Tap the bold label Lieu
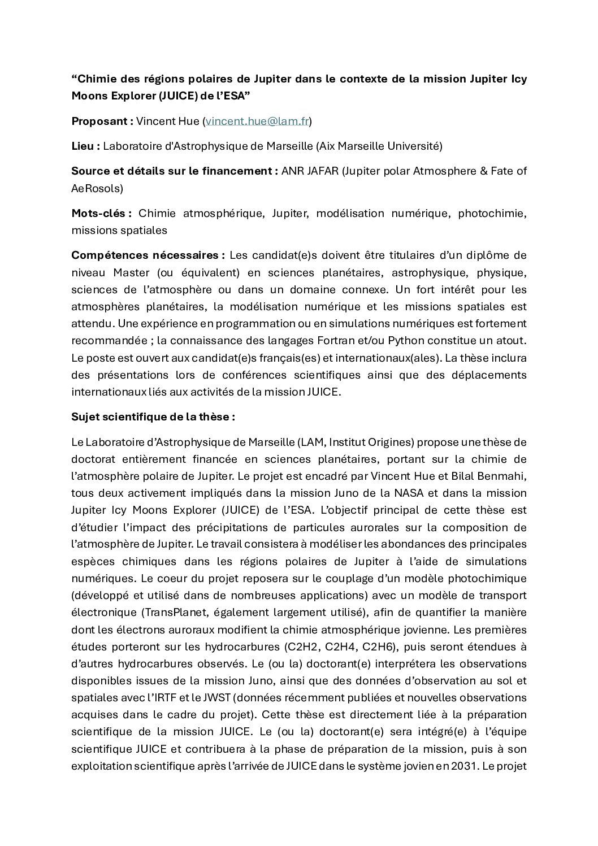[x=85, y=146]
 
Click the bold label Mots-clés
[x=101, y=214]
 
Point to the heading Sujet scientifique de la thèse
[x=153, y=417]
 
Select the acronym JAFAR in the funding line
[x=323, y=171]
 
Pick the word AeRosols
[x=95, y=188]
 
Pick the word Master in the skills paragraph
[x=131, y=273]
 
